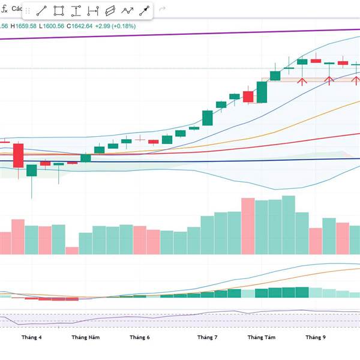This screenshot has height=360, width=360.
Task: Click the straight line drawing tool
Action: [x=42, y=11]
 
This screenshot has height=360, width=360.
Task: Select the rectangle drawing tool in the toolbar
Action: [x=59, y=11]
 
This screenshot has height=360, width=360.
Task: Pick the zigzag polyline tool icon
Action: [x=127, y=11]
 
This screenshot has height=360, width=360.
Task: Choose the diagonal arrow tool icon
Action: [x=145, y=11]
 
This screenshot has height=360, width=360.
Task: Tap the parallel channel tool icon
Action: [x=110, y=11]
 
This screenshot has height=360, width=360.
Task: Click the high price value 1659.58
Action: [x=31, y=26]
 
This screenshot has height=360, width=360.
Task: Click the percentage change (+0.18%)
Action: [x=122, y=26]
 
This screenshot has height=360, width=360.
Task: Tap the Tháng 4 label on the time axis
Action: [x=31, y=338]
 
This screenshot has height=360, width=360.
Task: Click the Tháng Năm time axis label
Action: [x=85, y=338]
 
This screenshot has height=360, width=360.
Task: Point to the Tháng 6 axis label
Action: [x=139, y=338]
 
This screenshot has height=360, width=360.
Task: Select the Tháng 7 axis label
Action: [x=207, y=338]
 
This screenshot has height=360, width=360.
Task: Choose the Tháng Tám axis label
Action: [x=262, y=338]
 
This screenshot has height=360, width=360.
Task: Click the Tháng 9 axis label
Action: [x=315, y=338]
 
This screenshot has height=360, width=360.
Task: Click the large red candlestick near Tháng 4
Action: [x=18, y=156]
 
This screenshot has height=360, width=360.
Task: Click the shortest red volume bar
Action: [x=72, y=251]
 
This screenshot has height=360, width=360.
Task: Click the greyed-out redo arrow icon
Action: [x=162, y=11]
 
